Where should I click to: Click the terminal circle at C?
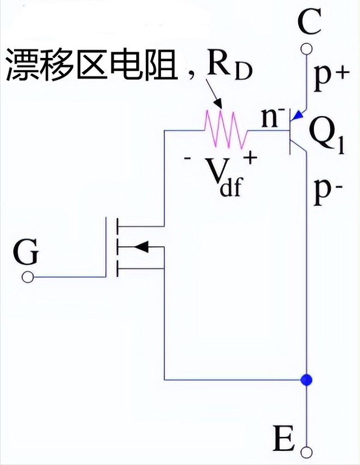306,51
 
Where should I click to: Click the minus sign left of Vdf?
187,160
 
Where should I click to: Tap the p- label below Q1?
329,192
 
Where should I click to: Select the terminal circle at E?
306,451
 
